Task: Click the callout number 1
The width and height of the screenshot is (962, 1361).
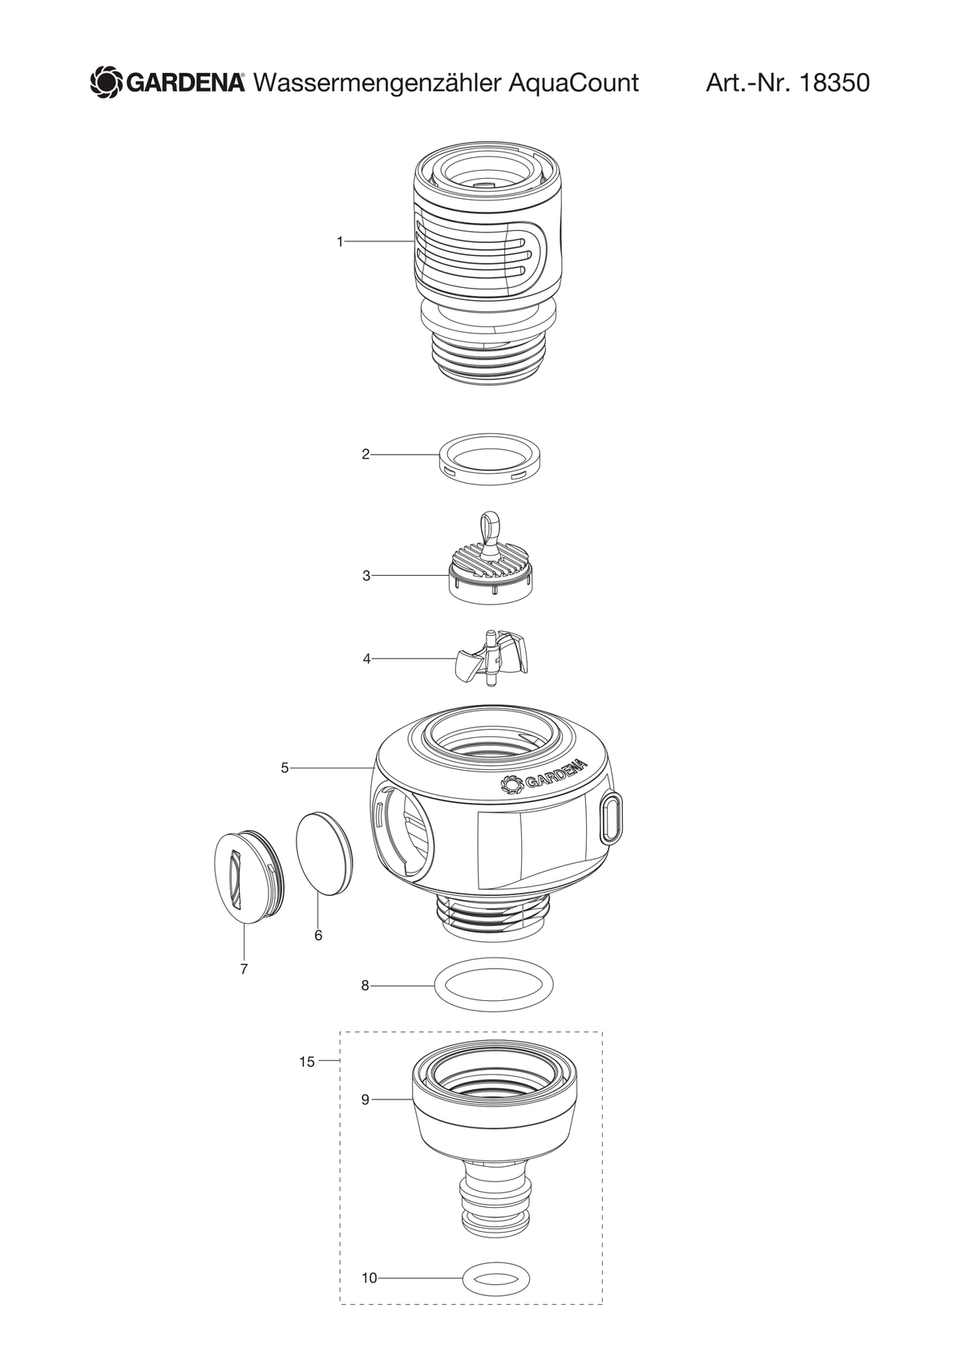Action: [340, 242]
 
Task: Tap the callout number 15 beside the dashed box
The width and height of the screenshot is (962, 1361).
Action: [307, 1062]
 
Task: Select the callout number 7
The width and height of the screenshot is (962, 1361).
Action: [245, 969]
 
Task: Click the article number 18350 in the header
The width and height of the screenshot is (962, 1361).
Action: [835, 83]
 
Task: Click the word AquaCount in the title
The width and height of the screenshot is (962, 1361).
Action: [572, 83]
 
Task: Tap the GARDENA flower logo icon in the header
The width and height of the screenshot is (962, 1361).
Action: [107, 83]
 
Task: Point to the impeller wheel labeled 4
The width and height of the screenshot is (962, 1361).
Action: [491, 658]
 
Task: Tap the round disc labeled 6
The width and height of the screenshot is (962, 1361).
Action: [324, 853]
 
